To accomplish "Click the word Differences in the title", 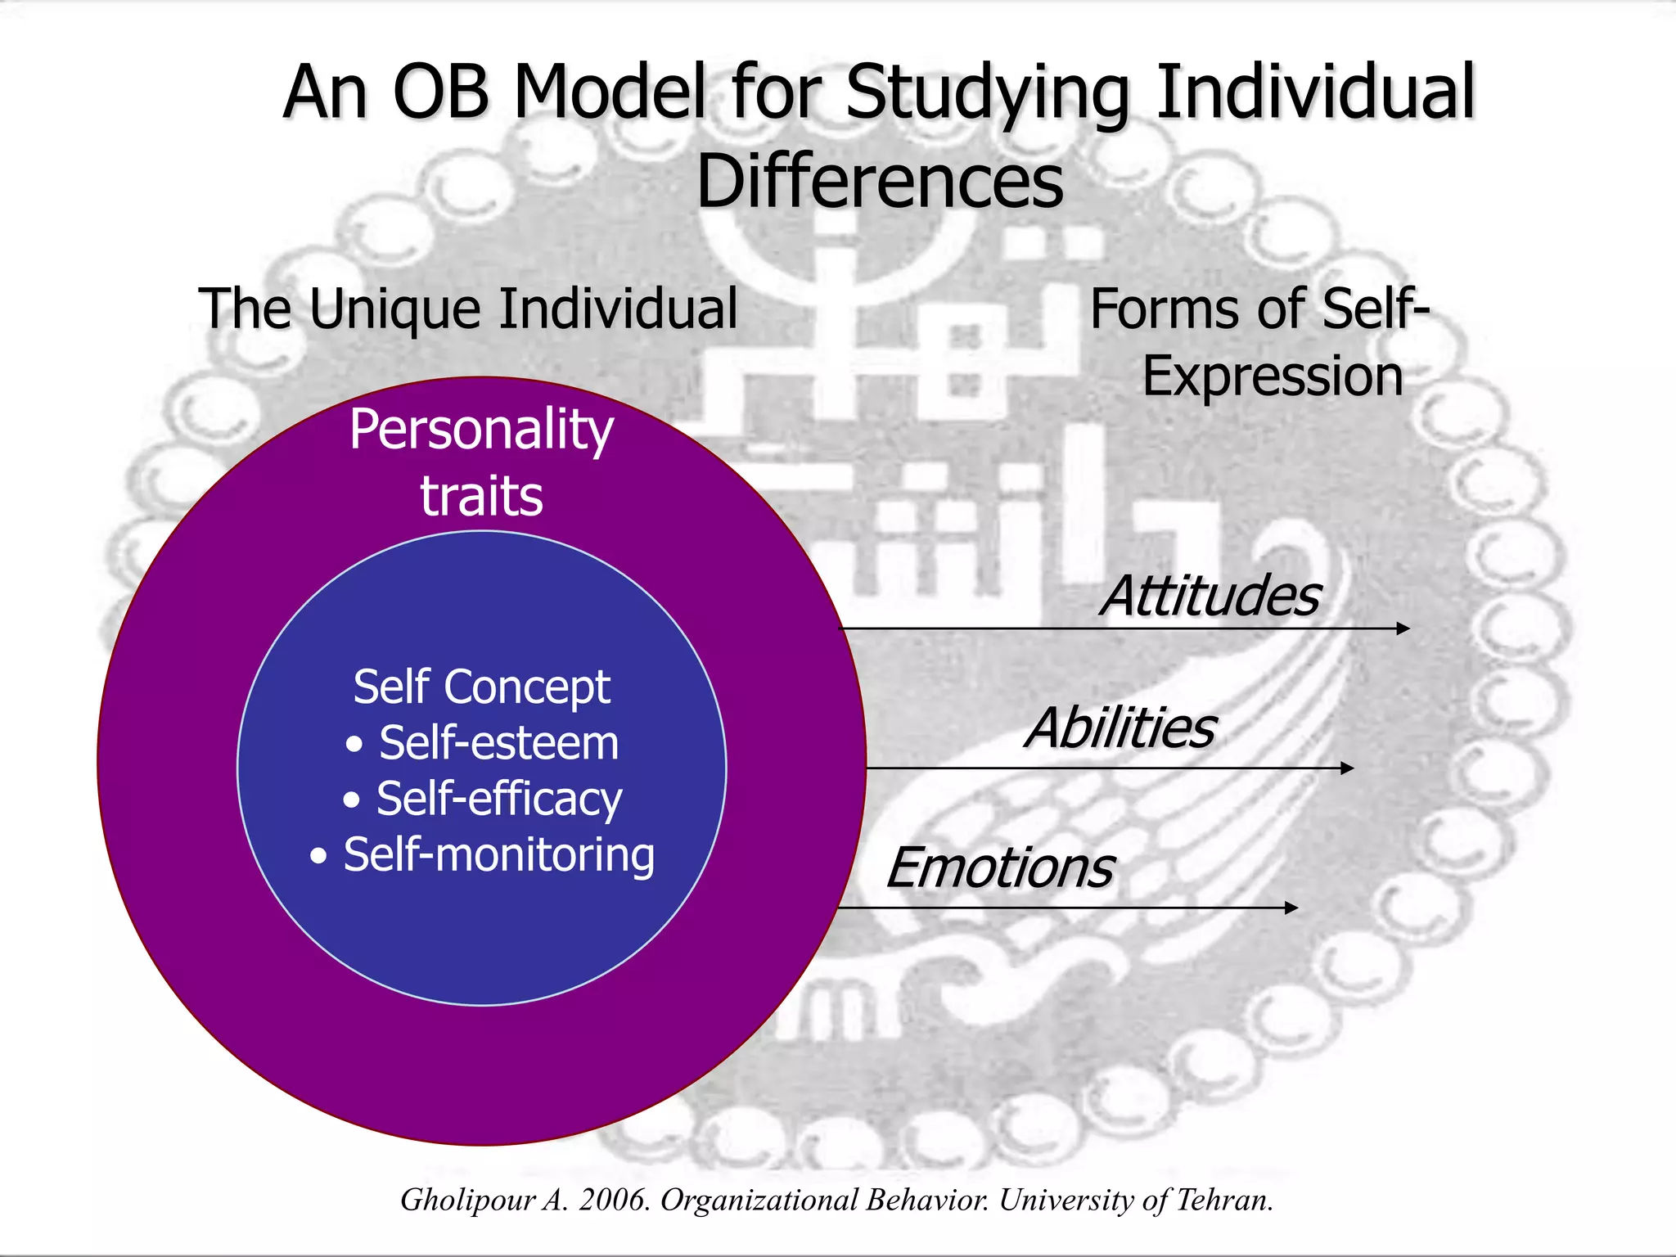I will (880, 181).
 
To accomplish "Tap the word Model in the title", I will (610, 92).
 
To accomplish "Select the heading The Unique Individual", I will (468, 309).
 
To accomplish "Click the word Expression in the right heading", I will (1273, 376).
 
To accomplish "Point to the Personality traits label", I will (481, 462).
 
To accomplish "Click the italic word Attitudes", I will (1210, 595).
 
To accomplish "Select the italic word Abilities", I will (1120, 728).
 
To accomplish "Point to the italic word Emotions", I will (1000, 867).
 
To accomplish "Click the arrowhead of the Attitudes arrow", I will (1403, 628).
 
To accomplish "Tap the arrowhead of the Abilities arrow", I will (1347, 768).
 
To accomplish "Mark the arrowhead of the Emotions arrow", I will (1291, 908).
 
